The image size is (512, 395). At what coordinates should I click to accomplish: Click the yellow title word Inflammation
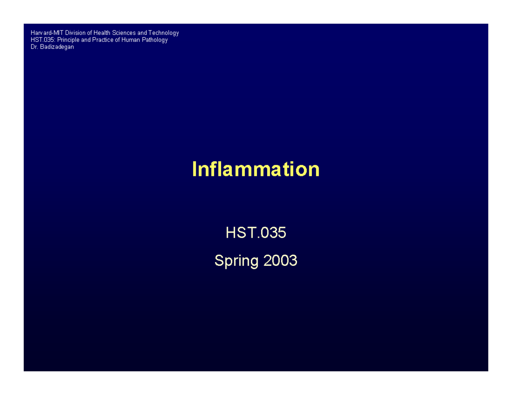click(x=256, y=169)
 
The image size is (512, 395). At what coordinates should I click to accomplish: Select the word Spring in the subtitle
click(x=236, y=260)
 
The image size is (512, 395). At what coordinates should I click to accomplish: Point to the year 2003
click(x=280, y=260)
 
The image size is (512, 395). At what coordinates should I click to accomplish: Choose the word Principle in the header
click(x=68, y=40)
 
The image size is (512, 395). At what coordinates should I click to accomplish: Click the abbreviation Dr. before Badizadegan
click(x=34, y=47)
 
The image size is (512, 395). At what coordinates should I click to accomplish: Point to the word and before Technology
click(x=142, y=33)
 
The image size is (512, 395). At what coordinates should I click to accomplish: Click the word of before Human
click(x=117, y=40)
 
